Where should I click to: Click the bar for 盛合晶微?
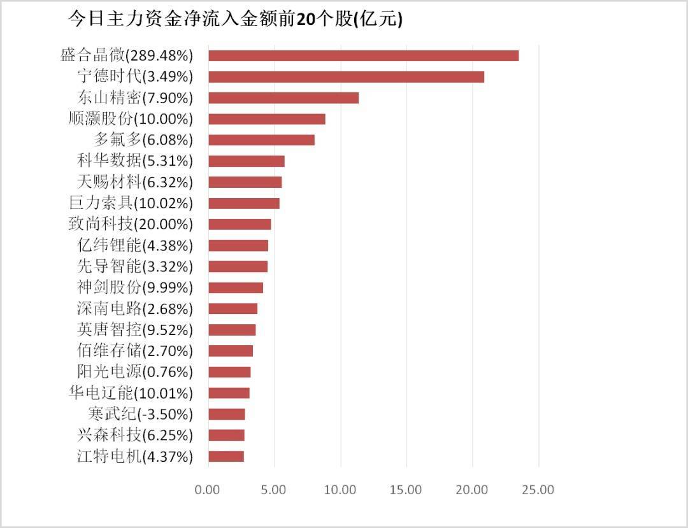[x=363, y=55]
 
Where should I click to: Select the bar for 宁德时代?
[x=346, y=76]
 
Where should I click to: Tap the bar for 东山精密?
[x=283, y=97]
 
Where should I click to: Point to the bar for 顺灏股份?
[x=266, y=118]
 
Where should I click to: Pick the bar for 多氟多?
[x=261, y=139]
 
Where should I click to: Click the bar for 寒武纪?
[x=226, y=414]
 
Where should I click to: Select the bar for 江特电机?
[x=226, y=456]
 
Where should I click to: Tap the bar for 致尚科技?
[x=240, y=224]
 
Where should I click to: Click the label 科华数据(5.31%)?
[x=134, y=161]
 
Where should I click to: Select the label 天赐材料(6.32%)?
[x=134, y=182]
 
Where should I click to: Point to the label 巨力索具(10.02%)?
[x=130, y=203]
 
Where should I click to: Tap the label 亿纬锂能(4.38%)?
[x=134, y=245]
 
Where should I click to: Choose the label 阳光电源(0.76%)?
[x=134, y=372]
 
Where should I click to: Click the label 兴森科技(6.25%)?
[x=134, y=435]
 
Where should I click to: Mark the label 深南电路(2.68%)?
[x=134, y=309]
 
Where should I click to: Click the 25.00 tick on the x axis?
[x=538, y=490]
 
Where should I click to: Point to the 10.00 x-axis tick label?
[x=340, y=490]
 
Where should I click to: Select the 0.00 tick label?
[x=208, y=490]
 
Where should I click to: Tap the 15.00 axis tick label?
[x=406, y=490]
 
